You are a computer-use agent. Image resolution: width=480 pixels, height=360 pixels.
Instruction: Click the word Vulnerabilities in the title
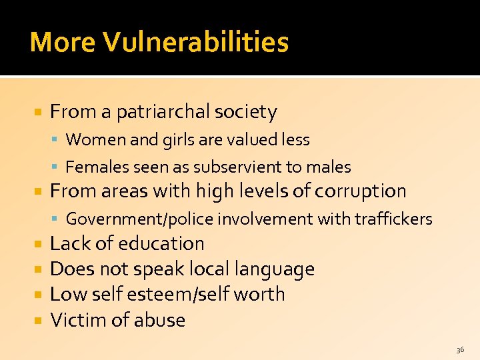click(195, 42)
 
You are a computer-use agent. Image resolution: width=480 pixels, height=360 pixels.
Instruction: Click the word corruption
click(360, 191)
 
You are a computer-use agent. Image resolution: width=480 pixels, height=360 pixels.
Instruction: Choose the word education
click(161, 244)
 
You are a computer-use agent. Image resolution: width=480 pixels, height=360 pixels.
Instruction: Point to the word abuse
click(159, 320)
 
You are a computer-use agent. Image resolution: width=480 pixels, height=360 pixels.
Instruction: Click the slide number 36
click(460, 349)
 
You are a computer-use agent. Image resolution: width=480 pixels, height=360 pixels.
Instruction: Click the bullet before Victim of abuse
click(39, 321)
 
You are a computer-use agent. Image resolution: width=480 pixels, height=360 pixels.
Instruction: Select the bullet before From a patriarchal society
click(39, 113)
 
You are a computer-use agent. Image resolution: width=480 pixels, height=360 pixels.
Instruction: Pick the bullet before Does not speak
click(39, 270)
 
